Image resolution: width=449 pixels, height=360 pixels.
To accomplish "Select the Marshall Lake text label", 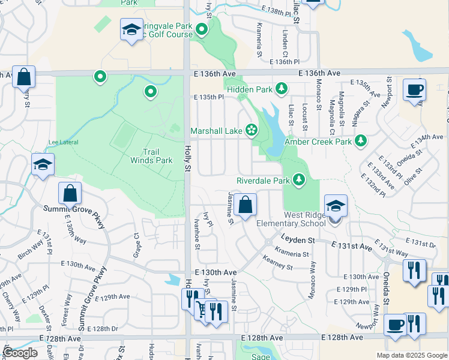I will click(x=217, y=130).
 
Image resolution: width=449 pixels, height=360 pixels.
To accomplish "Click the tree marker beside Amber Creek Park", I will click(x=360, y=141).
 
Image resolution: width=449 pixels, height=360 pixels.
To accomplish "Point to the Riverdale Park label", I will click(x=263, y=180).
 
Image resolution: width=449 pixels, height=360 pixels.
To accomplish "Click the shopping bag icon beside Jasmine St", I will click(x=245, y=205).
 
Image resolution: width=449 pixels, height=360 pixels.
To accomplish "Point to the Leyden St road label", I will click(x=298, y=239).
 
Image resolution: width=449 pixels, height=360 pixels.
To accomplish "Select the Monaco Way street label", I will click(x=312, y=280).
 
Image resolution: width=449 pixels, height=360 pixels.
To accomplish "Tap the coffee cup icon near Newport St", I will click(x=414, y=91).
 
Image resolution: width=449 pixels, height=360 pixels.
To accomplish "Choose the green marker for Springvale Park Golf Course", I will click(x=202, y=29).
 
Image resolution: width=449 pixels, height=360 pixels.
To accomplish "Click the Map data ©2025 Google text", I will click(x=412, y=355).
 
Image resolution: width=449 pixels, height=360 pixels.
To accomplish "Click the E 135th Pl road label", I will click(x=208, y=97).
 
